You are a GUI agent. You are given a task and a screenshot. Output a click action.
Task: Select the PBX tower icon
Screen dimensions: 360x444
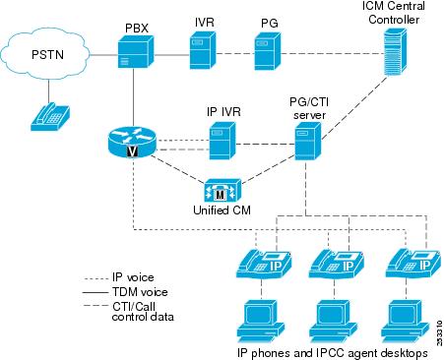click(138, 49)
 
